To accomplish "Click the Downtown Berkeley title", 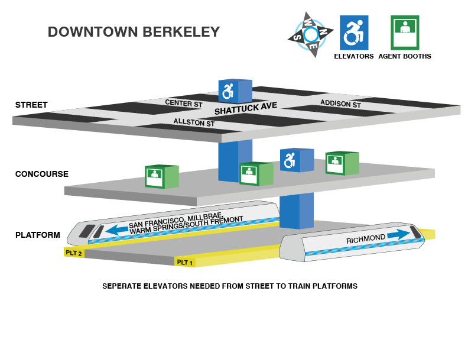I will (134, 32).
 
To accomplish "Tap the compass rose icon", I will (311, 35).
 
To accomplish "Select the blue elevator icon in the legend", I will (354, 33).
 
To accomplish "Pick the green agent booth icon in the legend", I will (405, 33).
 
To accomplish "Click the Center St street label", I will (183, 103).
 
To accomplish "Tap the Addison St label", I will (340, 104).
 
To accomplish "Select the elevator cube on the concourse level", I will (296, 160).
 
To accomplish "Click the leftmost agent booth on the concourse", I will (161, 177).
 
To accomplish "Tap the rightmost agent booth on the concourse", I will (342, 163).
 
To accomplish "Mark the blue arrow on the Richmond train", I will (398, 234).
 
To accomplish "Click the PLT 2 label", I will (74, 253).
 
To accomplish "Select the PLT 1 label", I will (186, 262).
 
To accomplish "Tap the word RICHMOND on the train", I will (366, 240).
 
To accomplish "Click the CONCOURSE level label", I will (42, 174).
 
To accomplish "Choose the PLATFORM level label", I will (38, 235).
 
